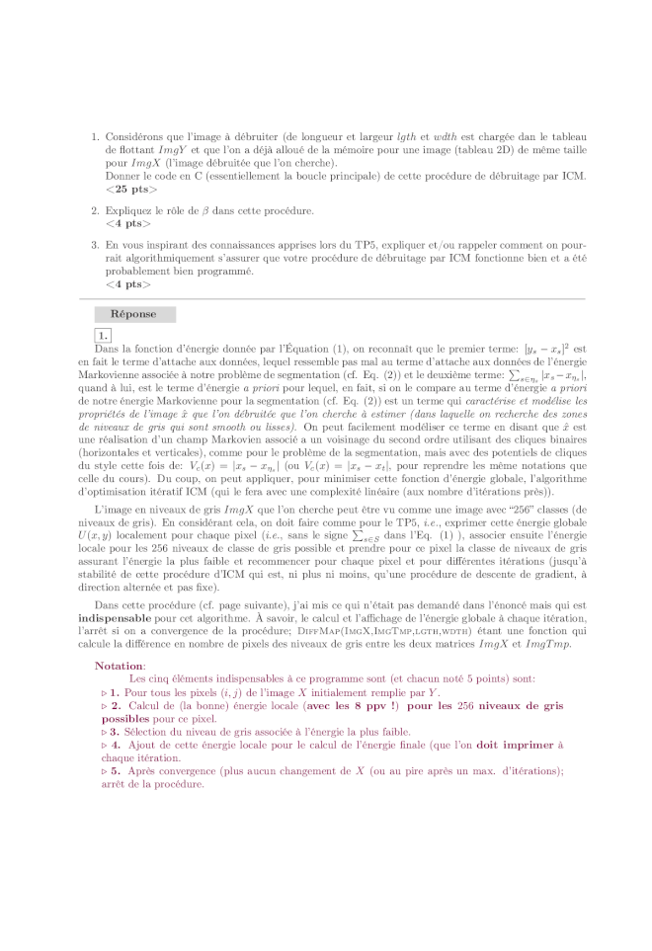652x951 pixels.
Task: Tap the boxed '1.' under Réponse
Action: click(x=103, y=335)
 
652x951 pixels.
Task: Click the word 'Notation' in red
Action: click(x=119, y=638)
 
